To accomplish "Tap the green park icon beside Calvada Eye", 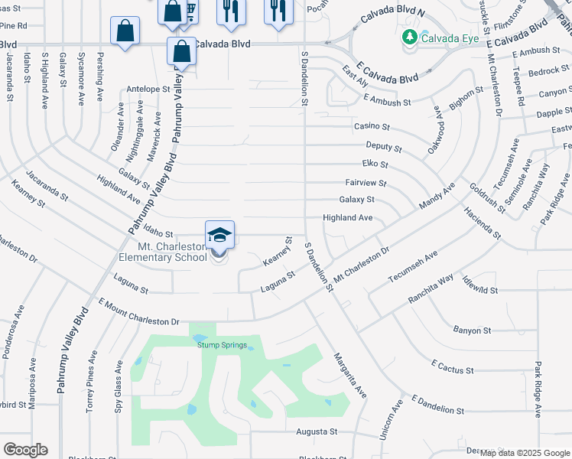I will coord(410,36).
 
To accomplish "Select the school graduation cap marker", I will coord(219,235).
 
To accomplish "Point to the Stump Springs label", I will coord(223,345).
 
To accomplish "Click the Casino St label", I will coord(372,126).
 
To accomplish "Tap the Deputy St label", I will coord(384,146).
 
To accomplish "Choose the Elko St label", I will coord(375,164).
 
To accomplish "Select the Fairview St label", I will coord(366,184).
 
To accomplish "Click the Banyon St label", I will coord(472,330).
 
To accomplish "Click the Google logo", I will coord(25,450).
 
